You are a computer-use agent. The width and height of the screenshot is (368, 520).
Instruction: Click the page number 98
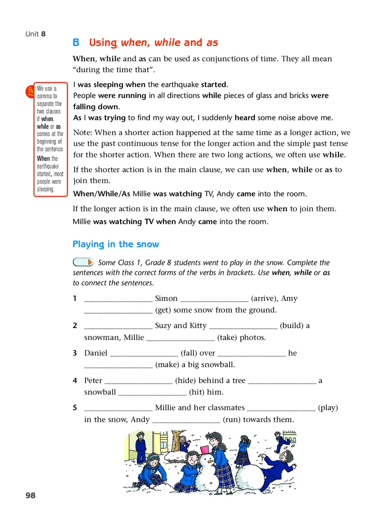coord(30,495)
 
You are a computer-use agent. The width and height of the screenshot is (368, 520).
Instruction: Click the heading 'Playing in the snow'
coord(116,244)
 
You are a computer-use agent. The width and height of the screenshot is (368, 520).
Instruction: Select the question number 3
coord(75,353)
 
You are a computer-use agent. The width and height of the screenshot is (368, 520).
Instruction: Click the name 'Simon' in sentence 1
coord(166,299)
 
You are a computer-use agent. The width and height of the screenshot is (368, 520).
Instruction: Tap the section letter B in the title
coord(76,43)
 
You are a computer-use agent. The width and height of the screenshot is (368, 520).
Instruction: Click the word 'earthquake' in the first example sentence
coord(179,85)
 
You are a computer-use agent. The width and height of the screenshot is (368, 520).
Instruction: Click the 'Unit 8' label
coord(35,34)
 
